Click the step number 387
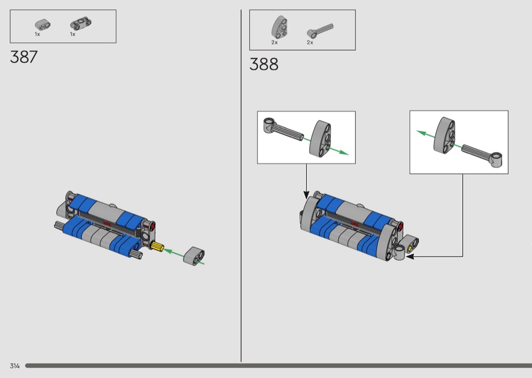(24, 57)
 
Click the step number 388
(263, 64)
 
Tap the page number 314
(15, 366)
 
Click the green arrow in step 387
(175, 253)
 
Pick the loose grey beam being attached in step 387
(194, 256)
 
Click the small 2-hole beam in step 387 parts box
(43, 25)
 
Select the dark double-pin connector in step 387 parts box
(81, 24)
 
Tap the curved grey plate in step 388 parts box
(279, 27)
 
